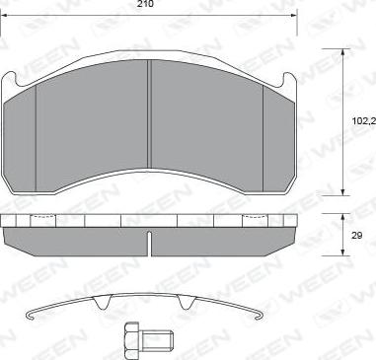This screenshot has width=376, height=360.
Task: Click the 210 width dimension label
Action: pos(145,4)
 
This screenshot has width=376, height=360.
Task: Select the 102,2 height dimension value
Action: pos(364,121)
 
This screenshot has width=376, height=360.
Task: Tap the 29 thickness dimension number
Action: pos(356,236)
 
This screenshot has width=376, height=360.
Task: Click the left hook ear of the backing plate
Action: pos(10,80)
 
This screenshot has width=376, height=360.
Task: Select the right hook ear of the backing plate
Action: pos(289,80)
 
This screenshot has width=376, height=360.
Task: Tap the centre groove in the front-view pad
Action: pos(149,114)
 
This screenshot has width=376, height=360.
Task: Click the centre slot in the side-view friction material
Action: pos(150,244)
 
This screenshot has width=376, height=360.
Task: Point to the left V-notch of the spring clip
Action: pos(103,302)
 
